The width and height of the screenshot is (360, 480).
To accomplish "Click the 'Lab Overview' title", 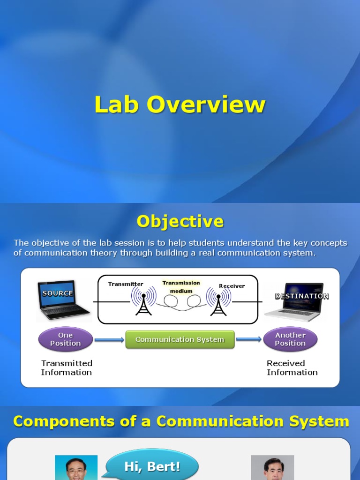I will [180, 105].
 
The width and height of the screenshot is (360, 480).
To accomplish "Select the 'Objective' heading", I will [180, 221].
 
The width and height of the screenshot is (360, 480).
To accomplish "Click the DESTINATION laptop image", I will [294, 301].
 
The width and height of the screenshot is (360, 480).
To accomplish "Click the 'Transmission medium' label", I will [181, 287].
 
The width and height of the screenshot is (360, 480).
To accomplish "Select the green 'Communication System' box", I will [180, 339].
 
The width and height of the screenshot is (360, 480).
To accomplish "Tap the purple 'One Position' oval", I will [66, 339].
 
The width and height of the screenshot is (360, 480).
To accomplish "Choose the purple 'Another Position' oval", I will [290, 339].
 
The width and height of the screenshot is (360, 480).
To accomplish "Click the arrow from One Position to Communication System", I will [109, 339].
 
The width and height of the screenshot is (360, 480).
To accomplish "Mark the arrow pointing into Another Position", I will [248, 339].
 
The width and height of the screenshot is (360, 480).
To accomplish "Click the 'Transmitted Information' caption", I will [67, 368].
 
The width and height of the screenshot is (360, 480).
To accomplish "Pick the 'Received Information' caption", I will [292, 368].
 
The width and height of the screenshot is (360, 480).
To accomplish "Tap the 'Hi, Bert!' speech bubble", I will [152, 466].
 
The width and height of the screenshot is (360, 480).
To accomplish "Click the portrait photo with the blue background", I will [76, 468].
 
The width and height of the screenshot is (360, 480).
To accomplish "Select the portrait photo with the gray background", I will [272, 468].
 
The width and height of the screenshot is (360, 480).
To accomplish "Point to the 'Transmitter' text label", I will [126, 284].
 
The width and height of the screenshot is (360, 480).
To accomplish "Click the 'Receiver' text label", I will [232, 286].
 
